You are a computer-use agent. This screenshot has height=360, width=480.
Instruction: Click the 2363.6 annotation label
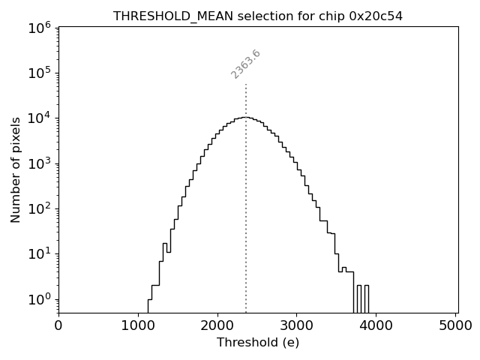(245, 64)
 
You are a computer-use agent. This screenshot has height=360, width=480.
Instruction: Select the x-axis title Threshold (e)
(258, 343)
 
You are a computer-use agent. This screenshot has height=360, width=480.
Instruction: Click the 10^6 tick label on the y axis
(39, 27)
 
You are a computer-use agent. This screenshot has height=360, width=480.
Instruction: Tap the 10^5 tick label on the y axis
(39, 73)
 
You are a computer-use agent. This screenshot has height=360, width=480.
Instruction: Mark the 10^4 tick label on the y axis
(39, 118)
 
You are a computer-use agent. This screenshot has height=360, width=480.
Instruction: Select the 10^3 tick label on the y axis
(39, 163)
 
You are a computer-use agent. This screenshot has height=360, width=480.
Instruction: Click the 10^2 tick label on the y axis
(39, 208)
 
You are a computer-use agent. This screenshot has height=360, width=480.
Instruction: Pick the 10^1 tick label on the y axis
(39, 253)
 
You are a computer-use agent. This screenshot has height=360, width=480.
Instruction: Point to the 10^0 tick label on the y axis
(39, 299)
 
